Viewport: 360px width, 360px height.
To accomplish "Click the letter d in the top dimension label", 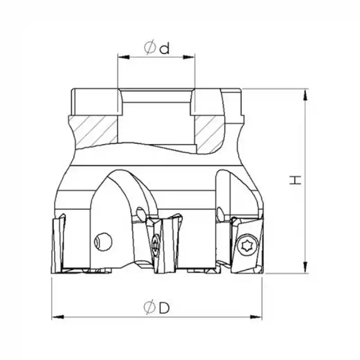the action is (164, 48).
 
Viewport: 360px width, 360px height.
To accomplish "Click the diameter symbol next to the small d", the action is (150, 47).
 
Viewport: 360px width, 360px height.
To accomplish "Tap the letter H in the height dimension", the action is (295, 180).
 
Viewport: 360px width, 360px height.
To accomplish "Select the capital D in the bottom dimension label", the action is (164, 308).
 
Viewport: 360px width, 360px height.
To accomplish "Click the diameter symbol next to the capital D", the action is (150, 307).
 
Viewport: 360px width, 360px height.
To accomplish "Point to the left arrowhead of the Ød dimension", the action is (123, 57).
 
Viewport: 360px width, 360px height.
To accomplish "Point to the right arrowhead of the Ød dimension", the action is (189, 57).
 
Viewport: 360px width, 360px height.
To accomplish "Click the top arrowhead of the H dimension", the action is (306, 94).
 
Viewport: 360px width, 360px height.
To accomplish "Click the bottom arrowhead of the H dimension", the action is (306, 267).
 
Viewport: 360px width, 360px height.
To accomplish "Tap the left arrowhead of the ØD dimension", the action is (58, 317).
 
